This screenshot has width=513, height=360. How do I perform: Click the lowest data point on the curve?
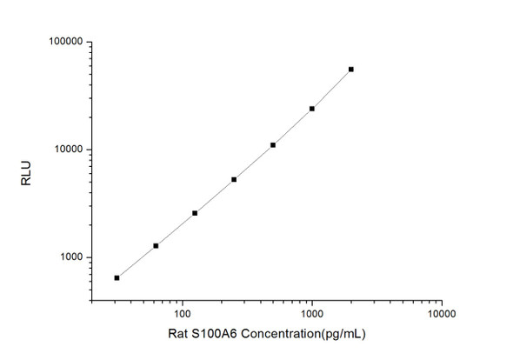(x=117, y=277)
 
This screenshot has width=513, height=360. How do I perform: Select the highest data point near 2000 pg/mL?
(x=351, y=69)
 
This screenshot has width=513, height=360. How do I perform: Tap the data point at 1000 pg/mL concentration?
(x=312, y=109)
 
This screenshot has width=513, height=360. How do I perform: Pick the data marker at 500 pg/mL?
(x=273, y=144)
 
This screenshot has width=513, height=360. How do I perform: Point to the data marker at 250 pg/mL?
(x=234, y=179)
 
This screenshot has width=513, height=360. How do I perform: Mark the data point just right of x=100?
(x=195, y=212)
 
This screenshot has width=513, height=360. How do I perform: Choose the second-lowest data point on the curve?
(x=156, y=245)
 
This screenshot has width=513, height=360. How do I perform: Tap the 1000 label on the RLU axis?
(x=69, y=257)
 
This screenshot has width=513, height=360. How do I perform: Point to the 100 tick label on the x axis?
(x=182, y=311)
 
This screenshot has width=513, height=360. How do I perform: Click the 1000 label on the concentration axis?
(x=311, y=311)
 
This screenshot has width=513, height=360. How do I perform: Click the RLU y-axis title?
(x=25, y=171)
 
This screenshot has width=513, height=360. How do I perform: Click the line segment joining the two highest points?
(x=332, y=90)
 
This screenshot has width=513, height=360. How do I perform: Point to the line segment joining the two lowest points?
(x=137, y=261)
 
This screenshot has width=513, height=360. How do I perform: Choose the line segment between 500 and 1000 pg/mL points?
(x=293, y=127)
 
